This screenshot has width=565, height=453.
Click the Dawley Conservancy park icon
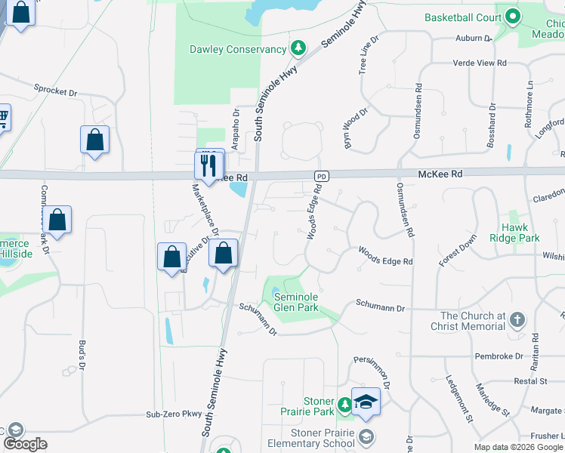click(299, 49)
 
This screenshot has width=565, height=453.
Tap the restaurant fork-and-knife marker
click(209, 164)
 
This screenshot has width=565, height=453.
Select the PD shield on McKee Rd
click(322, 176)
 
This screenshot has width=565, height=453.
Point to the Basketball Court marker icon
click(512, 16)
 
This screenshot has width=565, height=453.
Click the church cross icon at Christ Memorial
click(517, 320)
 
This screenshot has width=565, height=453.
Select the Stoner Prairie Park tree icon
click(344, 406)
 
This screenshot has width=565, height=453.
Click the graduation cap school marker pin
click(366, 402)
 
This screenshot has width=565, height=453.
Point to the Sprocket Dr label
click(56, 90)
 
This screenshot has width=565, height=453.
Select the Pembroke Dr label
click(499, 356)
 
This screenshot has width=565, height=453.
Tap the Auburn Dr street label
click(474, 38)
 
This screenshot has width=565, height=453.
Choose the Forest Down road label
click(458, 251)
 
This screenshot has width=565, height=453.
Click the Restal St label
click(530, 381)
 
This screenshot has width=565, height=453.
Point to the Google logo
click(25, 444)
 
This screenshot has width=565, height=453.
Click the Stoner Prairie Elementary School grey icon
click(366, 436)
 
